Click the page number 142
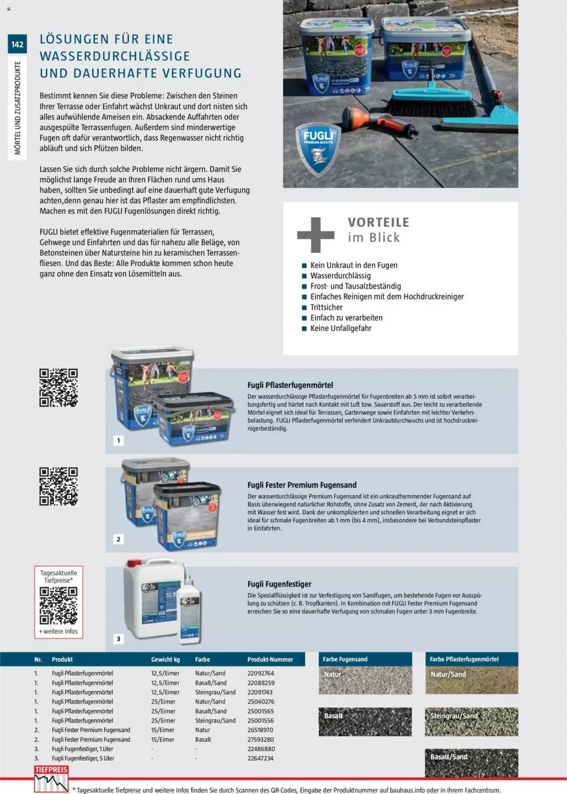pos(17,44)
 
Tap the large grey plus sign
pos(315,235)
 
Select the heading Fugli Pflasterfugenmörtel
pos(290,385)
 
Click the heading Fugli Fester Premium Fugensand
pos(302,485)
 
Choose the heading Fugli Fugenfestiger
pos(279,584)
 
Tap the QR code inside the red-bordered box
pos(58,605)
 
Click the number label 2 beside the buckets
pos(119,539)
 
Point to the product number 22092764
pos(261,673)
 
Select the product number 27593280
pos(261,740)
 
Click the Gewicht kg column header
pos(165,660)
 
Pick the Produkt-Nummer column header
pos(270,660)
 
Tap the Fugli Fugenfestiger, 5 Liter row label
pos(83,758)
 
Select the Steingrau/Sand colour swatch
pos(471,721)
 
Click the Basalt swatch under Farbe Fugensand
pos(365,721)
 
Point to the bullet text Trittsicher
pos(326,307)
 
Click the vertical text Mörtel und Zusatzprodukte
pos(18,108)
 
